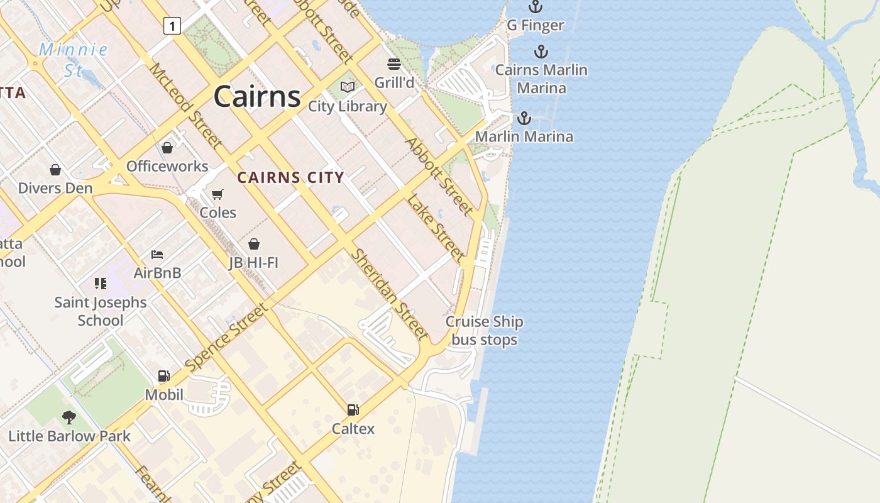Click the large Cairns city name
pyautogui.click(x=257, y=97)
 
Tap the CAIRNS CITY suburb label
pyautogui.click(x=290, y=178)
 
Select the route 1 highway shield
pyautogui.click(x=172, y=26)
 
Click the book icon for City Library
pyautogui.click(x=348, y=87)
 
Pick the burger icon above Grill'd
pyautogui.click(x=394, y=64)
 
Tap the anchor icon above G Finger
pyautogui.click(x=536, y=7)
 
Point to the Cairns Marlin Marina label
pyautogui.click(x=541, y=79)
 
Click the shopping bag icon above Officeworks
pyautogui.click(x=167, y=148)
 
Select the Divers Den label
pyautogui.click(x=55, y=188)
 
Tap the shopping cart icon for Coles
pyautogui.click(x=217, y=194)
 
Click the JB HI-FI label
pyautogui.click(x=253, y=262)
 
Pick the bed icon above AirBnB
pyautogui.click(x=157, y=255)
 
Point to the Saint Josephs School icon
pyautogui.click(x=100, y=284)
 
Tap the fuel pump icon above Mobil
pyautogui.click(x=163, y=376)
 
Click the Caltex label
pyautogui.click(x=353, y=429)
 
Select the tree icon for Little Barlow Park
pyautogui.click(x=69, y=417)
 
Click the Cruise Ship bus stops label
pyautogui.click(x=485, y=331)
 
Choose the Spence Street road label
pyautogui.click(x=227, y=338)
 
